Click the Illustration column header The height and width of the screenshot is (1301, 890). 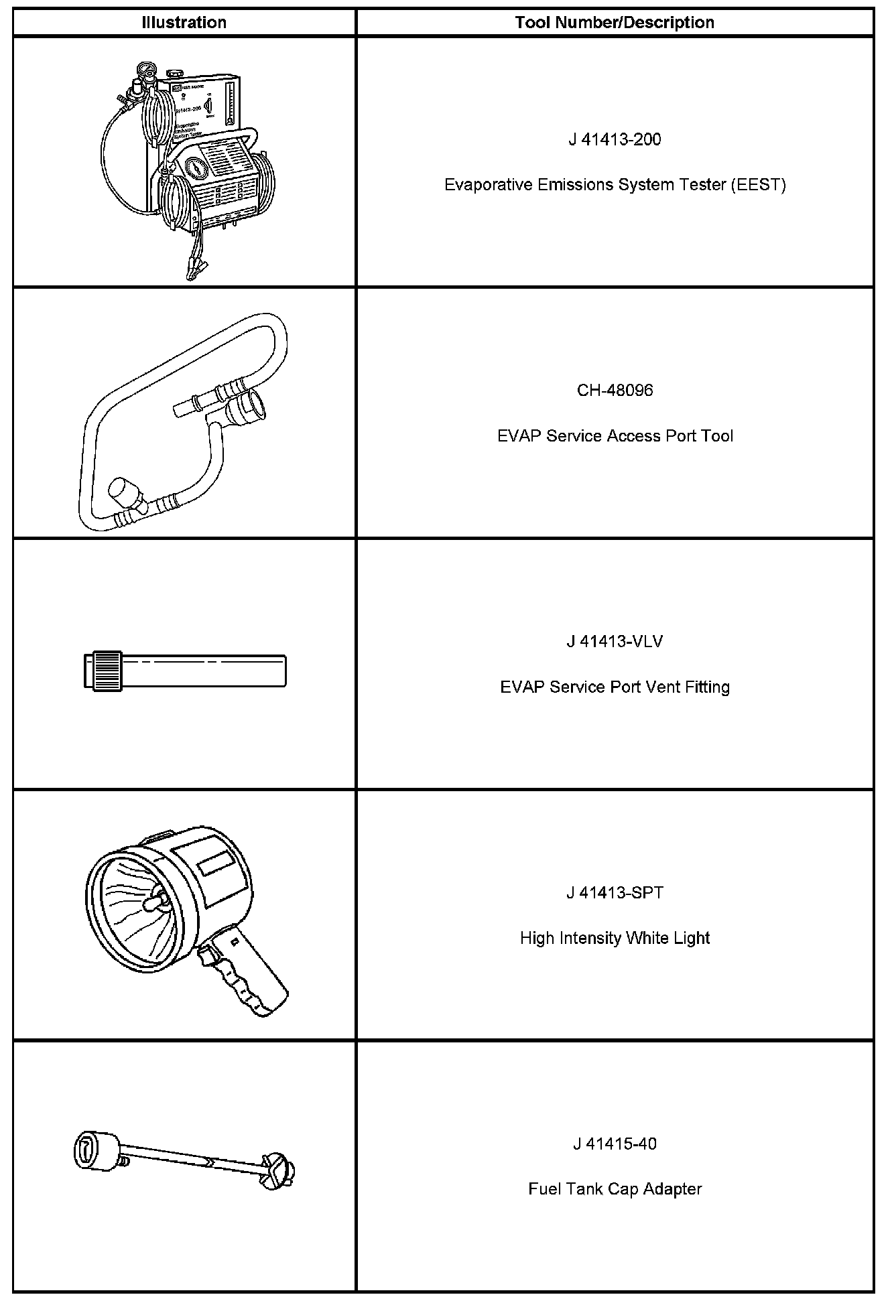point(184,23)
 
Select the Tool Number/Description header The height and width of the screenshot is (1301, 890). point(615,23)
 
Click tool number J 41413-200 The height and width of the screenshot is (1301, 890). point(615,139)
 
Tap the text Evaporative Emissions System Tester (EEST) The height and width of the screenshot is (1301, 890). point(615,185)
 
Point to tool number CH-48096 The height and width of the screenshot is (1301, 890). point(615,391)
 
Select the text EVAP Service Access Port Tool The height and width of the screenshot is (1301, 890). point(615,436)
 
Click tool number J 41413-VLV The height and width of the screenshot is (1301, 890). point(615,642)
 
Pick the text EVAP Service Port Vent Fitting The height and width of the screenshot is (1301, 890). point(615,687)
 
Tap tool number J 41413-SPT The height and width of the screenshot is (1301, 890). point(615,893)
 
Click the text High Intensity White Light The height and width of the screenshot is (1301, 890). point(615,938)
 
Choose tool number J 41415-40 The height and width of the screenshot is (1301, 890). point(615,1144)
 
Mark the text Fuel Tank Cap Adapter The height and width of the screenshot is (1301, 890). point(615,1189)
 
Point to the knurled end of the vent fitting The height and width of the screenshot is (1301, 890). point(107,671)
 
